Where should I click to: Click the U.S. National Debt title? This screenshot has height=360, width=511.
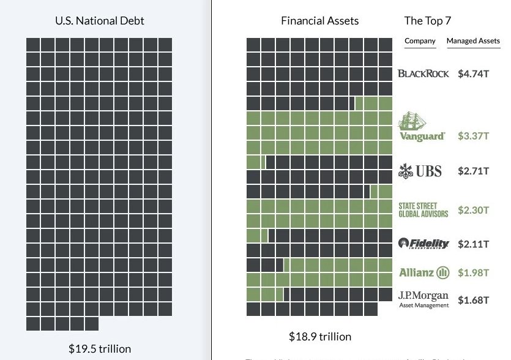pyautogui.click(x=99, y=20)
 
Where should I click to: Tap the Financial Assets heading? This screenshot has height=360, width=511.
pyautogui.click(x=319, y=20)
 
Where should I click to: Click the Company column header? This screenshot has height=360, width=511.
pyautogui.click(x=420, y=41)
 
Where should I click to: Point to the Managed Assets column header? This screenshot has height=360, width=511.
pyautogui.click(x=473, y=41)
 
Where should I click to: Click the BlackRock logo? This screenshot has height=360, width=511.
pyautogui.click(x=423, y=74)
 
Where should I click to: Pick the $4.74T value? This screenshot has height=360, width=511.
pyautogui.click(x=473, y=74)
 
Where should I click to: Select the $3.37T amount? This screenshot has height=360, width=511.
pyautogui.click(x=473, y=136)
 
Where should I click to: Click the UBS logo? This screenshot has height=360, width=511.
pyautogui.click(x=420, y=171)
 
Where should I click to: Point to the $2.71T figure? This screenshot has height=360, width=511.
pyautogui.click(x=473, y=171)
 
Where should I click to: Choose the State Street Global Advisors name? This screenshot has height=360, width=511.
pyautogui.click(x=423, y=210)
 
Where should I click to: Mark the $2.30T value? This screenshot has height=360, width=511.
pyautogui.click(x=473, y=210)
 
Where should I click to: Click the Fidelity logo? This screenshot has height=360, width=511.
pyautogui.click(x=423, y=244)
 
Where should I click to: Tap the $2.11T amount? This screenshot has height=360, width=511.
pyautogui.click(x=473, y=244)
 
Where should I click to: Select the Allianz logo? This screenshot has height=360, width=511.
pyautogui.click(x=424, y=272)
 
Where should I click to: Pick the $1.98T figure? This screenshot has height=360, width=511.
pyautogui.click(x=473, y=272)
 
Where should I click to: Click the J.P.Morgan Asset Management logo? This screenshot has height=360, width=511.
pyautogui.click(x=423, y=299)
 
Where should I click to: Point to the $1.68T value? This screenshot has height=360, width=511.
pyautogui.click(x=473, y=300)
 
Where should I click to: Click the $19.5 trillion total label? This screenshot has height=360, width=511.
pyautogui.click(x=100, y=349)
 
